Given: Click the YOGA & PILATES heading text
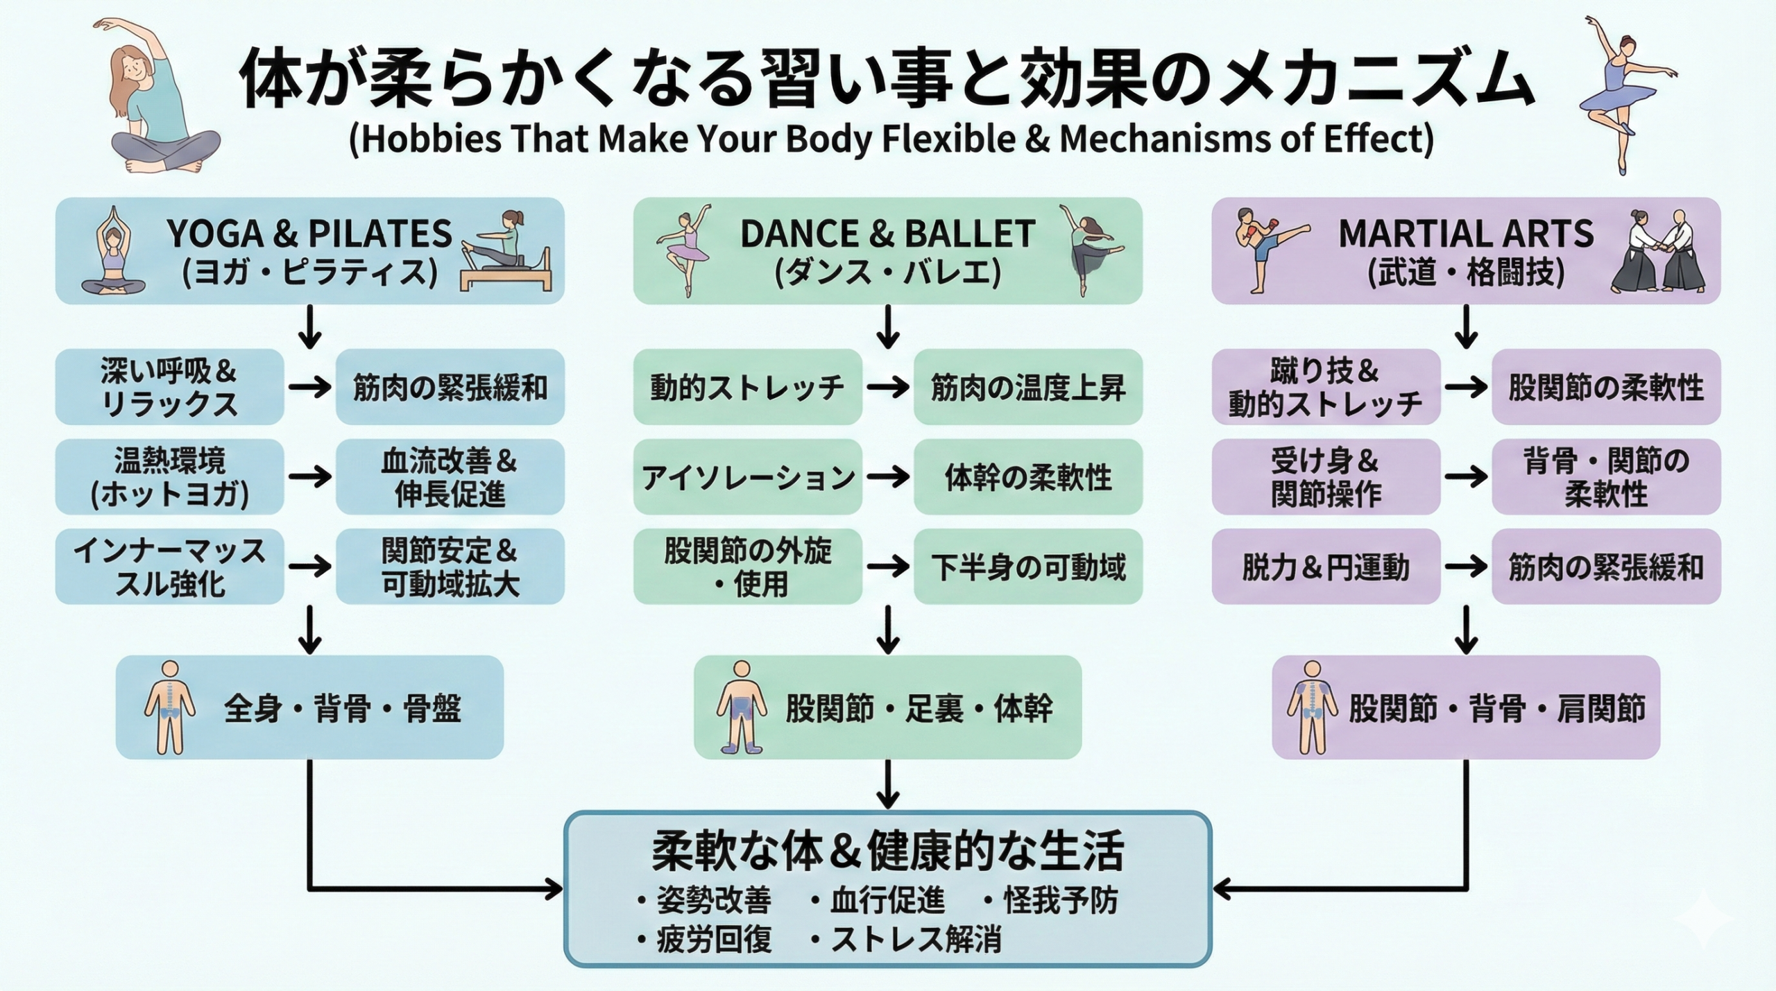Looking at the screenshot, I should (x=309, y=234).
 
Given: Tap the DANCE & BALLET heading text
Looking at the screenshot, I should (x=887, y=234).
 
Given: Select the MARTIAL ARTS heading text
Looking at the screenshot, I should (x=1466, y=234).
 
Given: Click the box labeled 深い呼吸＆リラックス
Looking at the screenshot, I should (x=169, y=387).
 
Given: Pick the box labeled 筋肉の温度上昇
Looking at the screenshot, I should (x=1027, y=387).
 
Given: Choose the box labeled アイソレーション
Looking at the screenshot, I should (x=747, y=477).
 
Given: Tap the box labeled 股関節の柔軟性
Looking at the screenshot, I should (x=1605, y=387).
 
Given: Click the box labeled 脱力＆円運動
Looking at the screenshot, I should (x=1325, y=567).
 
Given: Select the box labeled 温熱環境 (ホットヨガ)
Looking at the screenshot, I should (x=169, y=477).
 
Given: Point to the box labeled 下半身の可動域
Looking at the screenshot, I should (x=1027, y=567).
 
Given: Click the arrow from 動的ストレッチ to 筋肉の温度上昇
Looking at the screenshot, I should (x=887, y=387).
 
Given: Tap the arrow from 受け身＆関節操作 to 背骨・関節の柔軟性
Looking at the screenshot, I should (x=1465, y=477).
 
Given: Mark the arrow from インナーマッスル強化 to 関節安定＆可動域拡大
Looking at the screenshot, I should (x=309, y=567).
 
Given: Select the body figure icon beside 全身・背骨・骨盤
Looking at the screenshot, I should (x=169, y=707).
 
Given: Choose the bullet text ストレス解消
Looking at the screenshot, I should (x=916, y=940).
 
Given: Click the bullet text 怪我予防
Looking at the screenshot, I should (x=1060, y=901).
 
